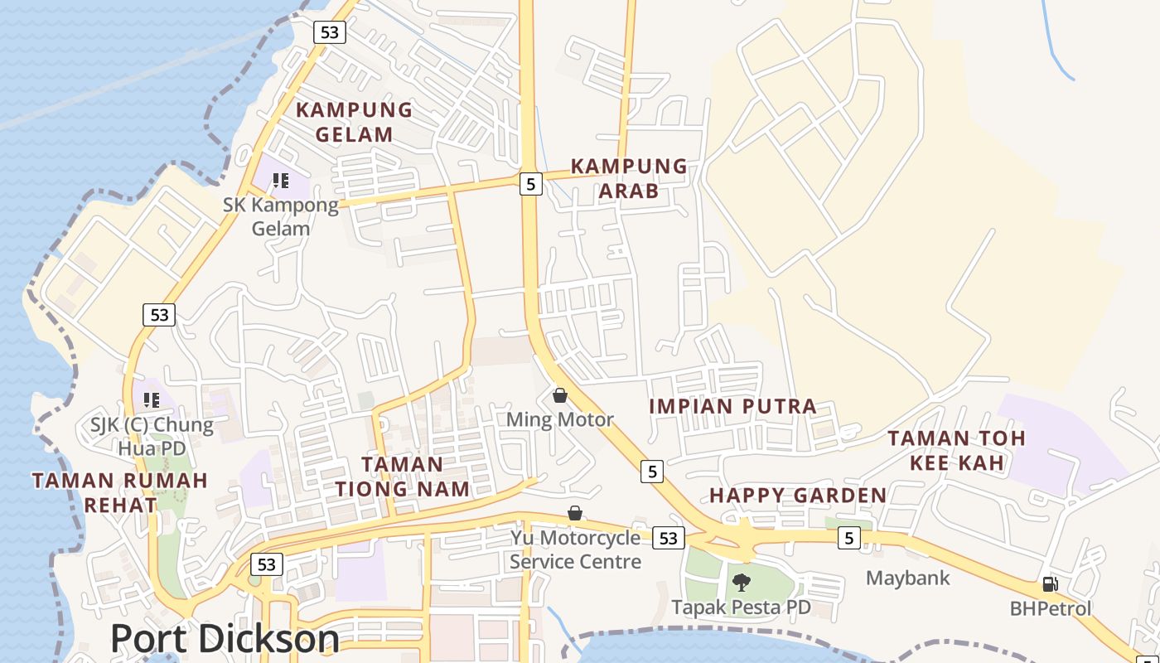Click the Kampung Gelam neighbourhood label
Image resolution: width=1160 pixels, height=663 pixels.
[354, 122]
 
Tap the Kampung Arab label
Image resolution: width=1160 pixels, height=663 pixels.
[629, 179]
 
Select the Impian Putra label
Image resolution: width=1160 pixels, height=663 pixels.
[732, 406]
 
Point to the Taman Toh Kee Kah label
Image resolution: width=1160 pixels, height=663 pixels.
[956, 450]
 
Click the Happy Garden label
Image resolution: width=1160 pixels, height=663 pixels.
[798, 496]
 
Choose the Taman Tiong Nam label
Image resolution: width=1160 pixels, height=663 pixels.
[402, 477]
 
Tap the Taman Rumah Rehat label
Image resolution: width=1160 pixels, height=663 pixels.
[119, 492]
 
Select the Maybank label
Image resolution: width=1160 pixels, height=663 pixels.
[907, 578]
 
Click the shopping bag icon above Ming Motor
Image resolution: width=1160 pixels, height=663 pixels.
[560, 394]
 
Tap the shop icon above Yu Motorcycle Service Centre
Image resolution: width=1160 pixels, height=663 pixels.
[575, 513]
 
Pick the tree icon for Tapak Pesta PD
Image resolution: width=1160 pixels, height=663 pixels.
[742, 582]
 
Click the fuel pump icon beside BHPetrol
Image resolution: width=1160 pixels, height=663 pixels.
[1050, 584]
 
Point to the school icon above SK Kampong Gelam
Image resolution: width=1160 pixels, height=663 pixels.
[281, 180]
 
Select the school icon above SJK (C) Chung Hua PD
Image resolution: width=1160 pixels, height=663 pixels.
[152, 400]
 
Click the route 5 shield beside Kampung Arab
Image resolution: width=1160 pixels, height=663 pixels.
[531, 183]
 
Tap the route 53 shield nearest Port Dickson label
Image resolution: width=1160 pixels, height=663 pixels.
[266, 564]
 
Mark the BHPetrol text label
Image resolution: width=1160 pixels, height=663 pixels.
[1050, 608]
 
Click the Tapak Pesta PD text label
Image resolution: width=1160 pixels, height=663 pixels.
[741, 607]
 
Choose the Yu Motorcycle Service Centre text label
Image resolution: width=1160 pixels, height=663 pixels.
[575, 549]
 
